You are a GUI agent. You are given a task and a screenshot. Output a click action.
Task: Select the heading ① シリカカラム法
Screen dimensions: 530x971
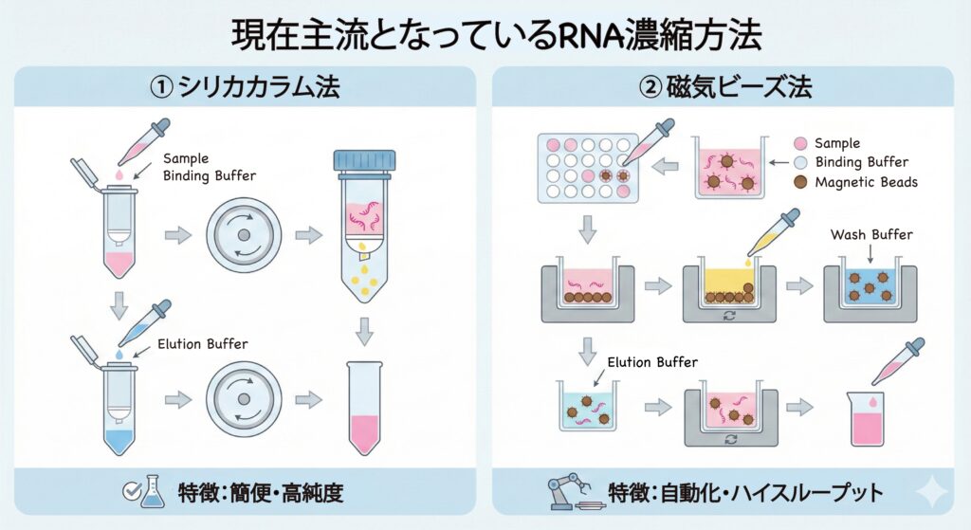click(x=245, y=89)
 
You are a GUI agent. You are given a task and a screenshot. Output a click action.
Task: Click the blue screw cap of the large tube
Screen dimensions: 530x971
click(x=364, y=162)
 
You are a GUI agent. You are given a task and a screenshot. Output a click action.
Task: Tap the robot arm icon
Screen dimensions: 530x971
click(x=570, y=493)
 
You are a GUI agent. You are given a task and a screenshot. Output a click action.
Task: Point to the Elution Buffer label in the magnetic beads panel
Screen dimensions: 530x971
click(x=651, y=362)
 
